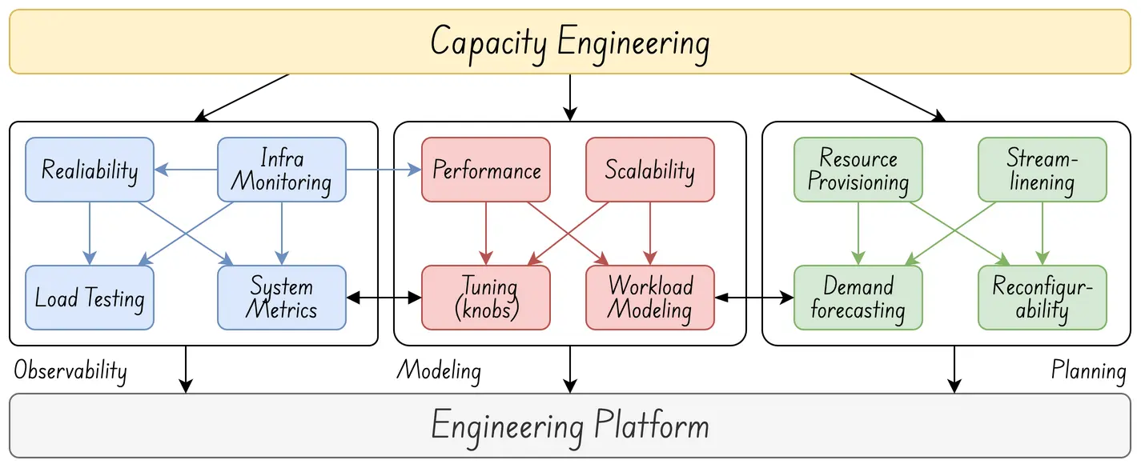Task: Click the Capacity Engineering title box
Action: click(x=570, y=42)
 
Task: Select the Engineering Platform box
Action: click(x=570, y=426)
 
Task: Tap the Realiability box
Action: click(x=90, y=170)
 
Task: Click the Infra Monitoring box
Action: click(x=282, y=170)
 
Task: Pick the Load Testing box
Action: click(x=90, y=298)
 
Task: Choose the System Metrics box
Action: click(x=282, y=298)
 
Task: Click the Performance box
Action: click(x=486, y=170)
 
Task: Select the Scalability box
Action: click(x=649, y=170)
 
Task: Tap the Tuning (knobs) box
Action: click(x=486, y=298)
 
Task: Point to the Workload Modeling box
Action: click(x=649, y=298)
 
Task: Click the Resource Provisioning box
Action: click(x=858, y=170)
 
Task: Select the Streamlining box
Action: click(x=1042, y=170)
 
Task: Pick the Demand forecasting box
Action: click(x=858, y=298)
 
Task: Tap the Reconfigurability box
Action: click(x=1042, y=298)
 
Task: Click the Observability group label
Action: click(x=70, y=371)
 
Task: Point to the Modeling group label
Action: click(x=439, y=371)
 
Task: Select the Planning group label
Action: click(x=1088, y=371)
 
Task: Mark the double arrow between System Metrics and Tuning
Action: click(x=384, y=298)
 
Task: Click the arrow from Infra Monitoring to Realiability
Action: click(x=186, y=170)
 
